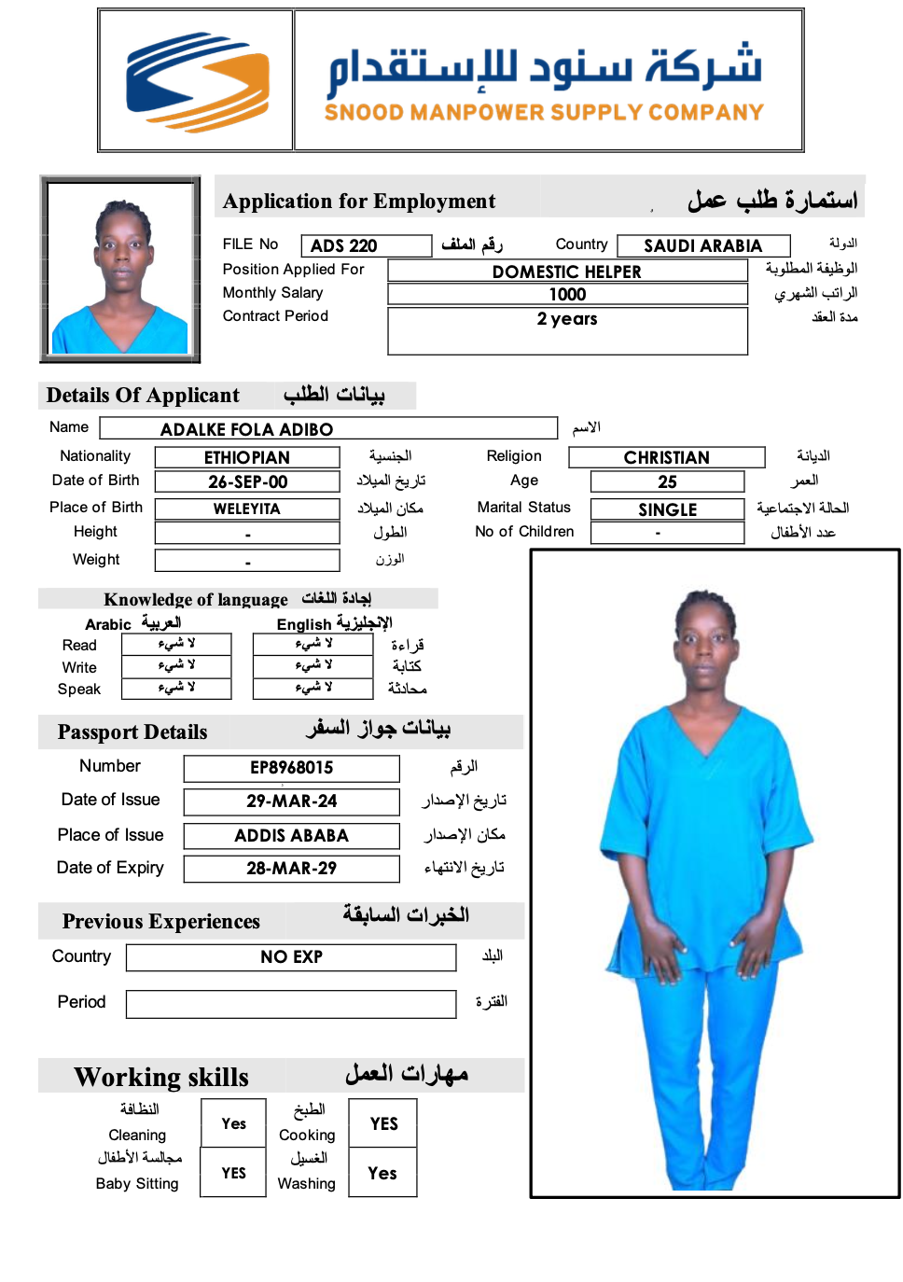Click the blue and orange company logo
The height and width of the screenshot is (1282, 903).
click(197, 81)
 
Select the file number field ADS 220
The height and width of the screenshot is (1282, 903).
click(366, 245)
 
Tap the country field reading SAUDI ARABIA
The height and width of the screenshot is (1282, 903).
click(703, 245)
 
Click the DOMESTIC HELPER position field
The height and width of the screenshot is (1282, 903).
click(567, 272)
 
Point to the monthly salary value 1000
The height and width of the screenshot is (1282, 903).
click(567, 294)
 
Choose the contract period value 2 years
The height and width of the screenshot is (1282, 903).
click(567, 319)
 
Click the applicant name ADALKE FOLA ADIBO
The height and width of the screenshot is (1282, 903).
click(328, 429)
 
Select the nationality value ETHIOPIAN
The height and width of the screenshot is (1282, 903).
click(247, 457)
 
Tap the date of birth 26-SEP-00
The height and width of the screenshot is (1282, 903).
click(247, 481)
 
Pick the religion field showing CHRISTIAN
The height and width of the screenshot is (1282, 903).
click(666, 457)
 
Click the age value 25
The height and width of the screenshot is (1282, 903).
click(667, 481)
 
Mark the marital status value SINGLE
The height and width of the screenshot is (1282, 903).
click(667, 509)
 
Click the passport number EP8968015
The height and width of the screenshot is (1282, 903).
click(291, 768)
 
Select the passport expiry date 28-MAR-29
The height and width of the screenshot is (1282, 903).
click(291, 869)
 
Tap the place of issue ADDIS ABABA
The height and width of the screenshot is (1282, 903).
click(291, 836)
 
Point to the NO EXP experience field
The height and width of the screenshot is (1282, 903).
click(291, 957)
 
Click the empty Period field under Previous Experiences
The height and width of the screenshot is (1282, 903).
click(291, 1004)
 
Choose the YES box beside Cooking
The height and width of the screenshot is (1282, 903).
click(382, 1123)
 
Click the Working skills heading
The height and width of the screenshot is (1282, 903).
click(161, 1077)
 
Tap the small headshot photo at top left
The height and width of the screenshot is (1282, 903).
click(120, 269)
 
